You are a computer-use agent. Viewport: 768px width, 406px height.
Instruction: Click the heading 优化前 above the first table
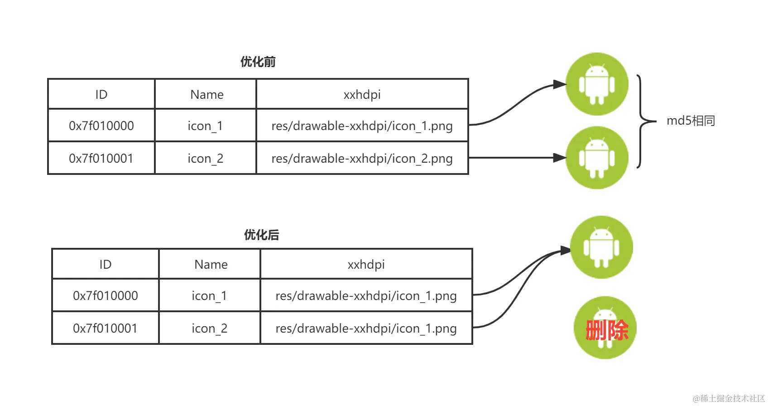258,62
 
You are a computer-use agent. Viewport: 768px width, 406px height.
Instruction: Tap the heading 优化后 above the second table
262,235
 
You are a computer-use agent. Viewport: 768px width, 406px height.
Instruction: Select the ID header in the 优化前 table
101,94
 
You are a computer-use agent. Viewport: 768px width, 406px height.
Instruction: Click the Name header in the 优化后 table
211,264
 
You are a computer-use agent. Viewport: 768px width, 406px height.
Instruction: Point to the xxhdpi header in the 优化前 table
362,94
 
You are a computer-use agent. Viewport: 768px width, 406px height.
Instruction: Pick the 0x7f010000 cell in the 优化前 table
101,126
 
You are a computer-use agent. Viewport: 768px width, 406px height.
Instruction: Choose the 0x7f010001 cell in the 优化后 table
105,328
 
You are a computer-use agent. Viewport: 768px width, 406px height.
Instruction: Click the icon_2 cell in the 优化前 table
206,159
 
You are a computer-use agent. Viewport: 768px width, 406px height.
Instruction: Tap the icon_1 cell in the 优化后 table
209,296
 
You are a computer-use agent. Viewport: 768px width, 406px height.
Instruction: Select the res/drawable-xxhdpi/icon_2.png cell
362,159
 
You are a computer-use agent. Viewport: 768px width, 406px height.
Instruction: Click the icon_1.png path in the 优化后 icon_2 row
366,329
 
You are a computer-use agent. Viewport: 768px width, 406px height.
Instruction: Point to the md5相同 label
691,121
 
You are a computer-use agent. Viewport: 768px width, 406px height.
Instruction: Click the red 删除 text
606,330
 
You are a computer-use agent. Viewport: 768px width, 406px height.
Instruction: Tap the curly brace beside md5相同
642,121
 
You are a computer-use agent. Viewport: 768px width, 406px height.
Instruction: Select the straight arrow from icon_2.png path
517,158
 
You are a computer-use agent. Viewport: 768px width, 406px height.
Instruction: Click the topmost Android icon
597,84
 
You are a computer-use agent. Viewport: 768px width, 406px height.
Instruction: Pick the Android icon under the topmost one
597,158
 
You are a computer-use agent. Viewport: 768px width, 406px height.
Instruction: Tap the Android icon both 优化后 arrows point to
601,247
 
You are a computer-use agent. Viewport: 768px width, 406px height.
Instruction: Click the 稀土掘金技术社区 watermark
729,398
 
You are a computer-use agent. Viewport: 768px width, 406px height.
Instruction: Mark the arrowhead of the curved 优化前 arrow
560,84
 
